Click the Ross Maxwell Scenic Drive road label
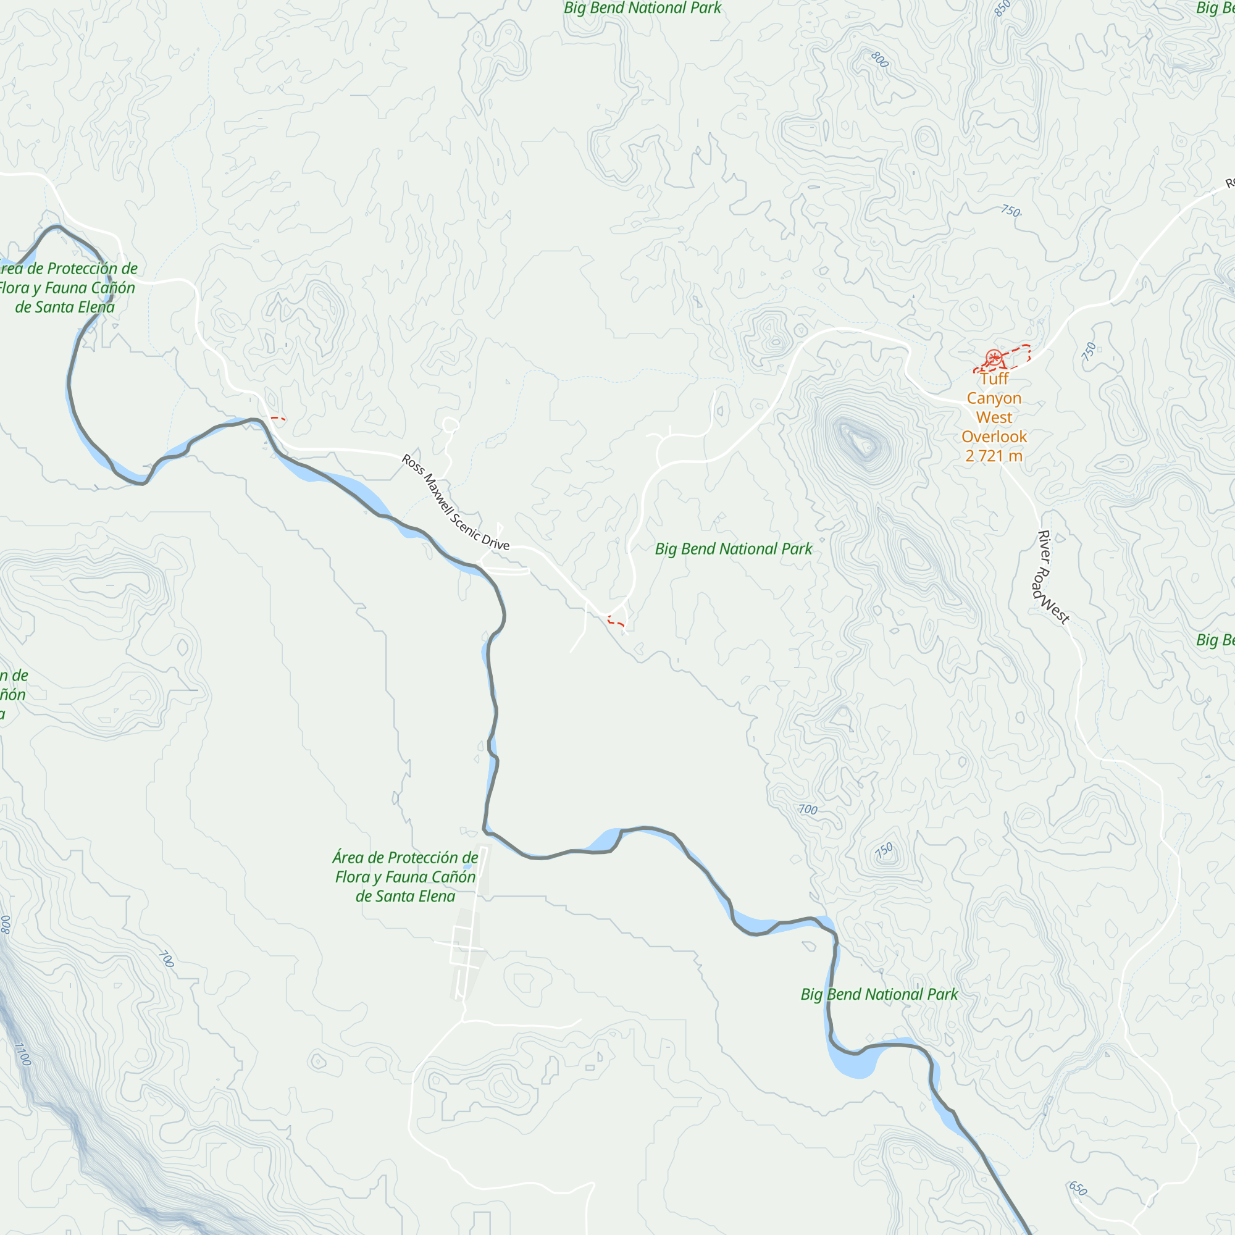(455, 502)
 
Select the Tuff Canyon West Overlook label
(994, 417)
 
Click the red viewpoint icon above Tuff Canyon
(993, 358)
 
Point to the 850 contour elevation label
(1002, 8)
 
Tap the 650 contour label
(1078, 1188)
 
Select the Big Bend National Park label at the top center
(642, 8)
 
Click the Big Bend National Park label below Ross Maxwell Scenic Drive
(733, 548)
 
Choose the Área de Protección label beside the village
(404, 876)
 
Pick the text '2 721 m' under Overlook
(994, 456)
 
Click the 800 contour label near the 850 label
(880, 59)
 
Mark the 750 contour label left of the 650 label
(884, 850)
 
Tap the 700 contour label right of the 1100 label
(165, 959)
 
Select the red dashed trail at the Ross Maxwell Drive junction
(616, 621)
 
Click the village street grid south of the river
(466, 947)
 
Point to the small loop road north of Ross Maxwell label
(450, 425)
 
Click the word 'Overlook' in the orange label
(994, 437)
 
